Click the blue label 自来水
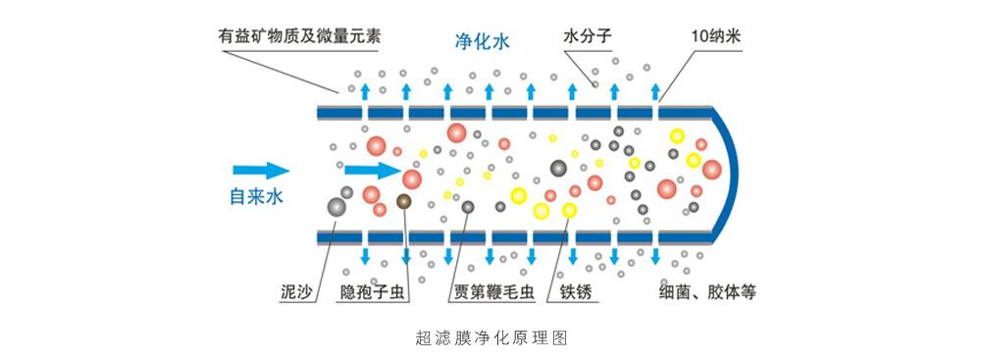pyautogui.click(x=256, y=196)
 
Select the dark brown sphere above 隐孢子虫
pyautogui.click(x=403, y=201)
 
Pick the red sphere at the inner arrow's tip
pyautogui.click(x=412, y=180)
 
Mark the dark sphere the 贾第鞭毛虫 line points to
pyautogui.click(x=468, y=207)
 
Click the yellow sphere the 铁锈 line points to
pyautogui.click(x=569, y=210)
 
